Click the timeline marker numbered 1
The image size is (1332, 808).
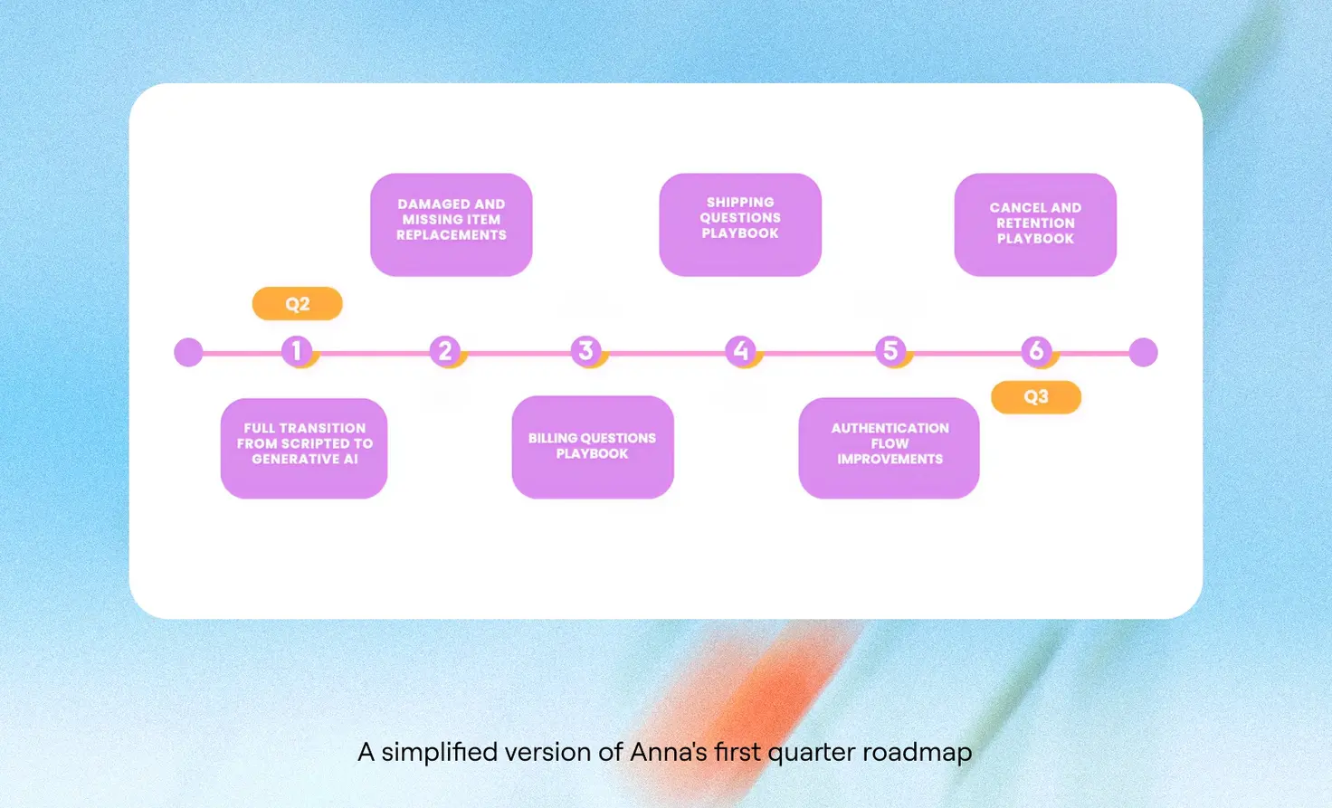tap(296, 350)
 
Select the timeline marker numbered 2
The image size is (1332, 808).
tap(444, 350)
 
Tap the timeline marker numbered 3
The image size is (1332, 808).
tap(585, 350)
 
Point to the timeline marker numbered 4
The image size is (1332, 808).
tap(741, 350)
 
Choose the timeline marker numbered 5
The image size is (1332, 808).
tap(890, 350)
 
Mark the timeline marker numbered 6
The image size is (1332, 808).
tap(1036, 350)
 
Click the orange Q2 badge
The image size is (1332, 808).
tap(297, 304)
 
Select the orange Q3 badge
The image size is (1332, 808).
tap(1036, 397)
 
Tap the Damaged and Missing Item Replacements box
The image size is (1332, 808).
tap(451, 223)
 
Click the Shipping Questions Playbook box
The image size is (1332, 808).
tap(740, 223)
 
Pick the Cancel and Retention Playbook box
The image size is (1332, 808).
tap(1035, 223)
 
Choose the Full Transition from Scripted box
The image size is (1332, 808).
tap(304, 447)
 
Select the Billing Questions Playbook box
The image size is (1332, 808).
tap(593, 446)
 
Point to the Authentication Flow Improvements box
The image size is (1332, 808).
tap(889, 447)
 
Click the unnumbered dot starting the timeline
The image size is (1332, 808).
tap(188, 352)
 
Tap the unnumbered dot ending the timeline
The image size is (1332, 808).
tap(1144, 352)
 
